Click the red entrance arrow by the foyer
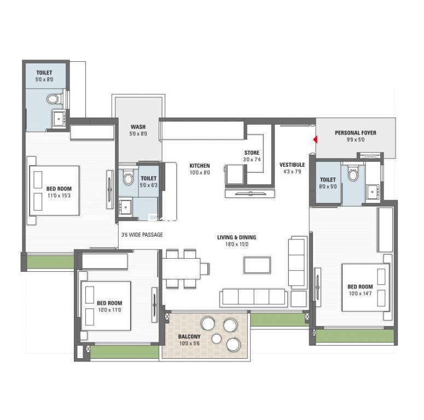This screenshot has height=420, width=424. tap(315, 139)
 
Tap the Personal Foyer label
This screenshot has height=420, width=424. tap(355, 133)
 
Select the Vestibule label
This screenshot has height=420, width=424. tap(292, 165)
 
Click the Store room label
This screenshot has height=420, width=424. tap(252, 153)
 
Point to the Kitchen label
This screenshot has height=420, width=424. tap(200, 166)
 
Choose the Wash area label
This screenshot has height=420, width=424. tap(138, 127)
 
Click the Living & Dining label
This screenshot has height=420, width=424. tap(236, 237)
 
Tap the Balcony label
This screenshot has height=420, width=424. tap(189, 336)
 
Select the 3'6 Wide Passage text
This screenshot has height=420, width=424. tap(142, 235)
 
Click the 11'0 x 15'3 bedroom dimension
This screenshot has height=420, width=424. tap(59, 195)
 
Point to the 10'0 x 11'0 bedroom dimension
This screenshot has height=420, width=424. tap(109, 310)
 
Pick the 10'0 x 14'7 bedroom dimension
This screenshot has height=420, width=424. tap(360, 293)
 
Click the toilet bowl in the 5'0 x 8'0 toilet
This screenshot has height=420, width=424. tap(53, 99)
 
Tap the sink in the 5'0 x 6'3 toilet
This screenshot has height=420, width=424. tap(125, 207)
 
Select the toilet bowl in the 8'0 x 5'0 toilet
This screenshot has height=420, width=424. tap(353, 174)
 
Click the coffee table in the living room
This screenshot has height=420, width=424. tap(257, 265)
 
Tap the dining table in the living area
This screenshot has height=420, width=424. tap(181, 269)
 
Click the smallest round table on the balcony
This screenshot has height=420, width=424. tap(216, 339)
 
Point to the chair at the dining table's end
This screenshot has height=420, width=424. tap(205, 269)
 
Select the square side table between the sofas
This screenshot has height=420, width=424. tap(299, 299)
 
